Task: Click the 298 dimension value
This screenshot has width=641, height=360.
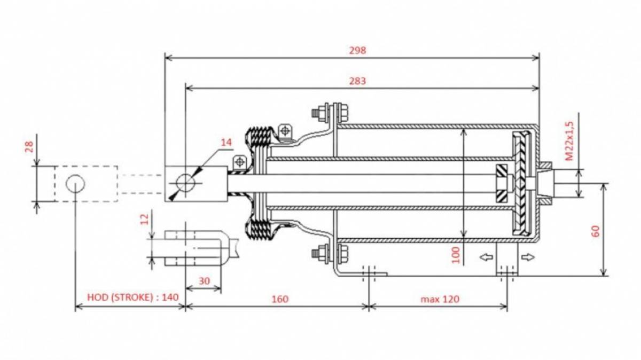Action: coord(357,50)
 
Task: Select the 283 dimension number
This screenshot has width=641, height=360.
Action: coord(357,81)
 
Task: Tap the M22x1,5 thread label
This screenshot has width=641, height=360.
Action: coord(569,141)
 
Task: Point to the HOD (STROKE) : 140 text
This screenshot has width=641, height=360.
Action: coord(133,297)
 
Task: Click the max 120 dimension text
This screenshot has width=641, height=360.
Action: coord(440,299)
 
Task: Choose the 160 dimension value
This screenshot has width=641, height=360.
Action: coord(280,299)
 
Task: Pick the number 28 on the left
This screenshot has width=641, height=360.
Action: coord(29,147)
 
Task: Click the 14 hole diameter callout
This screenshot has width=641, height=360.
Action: coord(226,142)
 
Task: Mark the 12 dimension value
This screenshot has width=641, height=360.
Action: coord(145,219)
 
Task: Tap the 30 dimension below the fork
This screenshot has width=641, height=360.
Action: coord(204,281)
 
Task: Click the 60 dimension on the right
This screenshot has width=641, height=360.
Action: coord(595,231)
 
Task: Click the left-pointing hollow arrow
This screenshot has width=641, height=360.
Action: coord(486,257)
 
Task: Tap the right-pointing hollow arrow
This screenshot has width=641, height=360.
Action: coord(528,257)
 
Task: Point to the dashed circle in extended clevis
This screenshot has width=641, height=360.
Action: coord(75,184)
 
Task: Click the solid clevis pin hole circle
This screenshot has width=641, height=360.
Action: coord(185,183)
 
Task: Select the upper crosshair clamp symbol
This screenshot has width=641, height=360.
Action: coord(285,131)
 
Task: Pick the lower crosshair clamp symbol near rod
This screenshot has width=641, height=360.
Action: coord(239,162)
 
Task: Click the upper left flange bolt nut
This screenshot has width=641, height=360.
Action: coord(322,112)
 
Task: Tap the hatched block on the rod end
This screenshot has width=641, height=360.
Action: coord(502,183)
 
